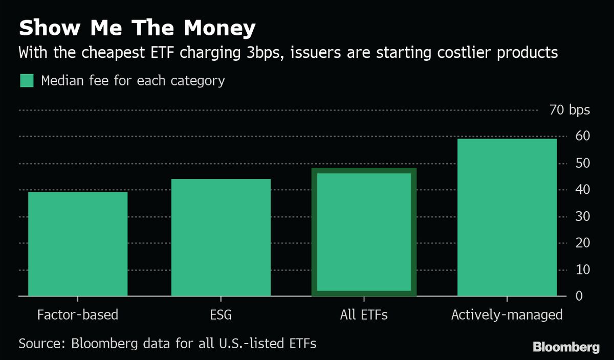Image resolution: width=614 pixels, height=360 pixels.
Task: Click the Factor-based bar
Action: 78,244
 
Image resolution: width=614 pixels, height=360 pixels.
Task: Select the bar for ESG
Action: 221,237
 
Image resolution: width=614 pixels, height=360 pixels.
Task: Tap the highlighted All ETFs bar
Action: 364,232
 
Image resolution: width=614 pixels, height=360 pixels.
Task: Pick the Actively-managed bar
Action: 507,217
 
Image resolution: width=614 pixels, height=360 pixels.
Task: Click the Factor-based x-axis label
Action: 78,314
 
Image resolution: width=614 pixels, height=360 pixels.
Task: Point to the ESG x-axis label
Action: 221,314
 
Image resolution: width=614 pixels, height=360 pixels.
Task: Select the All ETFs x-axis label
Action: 364,314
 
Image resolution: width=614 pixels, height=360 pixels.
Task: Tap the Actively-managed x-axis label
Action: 507,314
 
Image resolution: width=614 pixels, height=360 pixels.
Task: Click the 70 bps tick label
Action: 569,110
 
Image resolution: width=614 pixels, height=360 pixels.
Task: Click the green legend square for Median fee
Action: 27,81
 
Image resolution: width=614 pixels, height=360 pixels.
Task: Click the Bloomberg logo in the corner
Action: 566,347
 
